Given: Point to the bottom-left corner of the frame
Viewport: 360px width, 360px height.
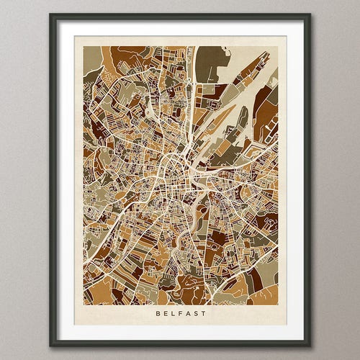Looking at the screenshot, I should click(51, 345).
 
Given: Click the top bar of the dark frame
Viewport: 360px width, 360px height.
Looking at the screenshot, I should click(180, 16).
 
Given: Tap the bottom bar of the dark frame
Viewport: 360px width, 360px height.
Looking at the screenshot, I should click(180, 344).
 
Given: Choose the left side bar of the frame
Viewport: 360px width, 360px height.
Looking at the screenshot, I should click(52, 180).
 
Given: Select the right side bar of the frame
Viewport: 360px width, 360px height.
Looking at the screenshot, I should click(308, 180).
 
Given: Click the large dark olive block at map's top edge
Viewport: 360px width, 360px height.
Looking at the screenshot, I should click(210, 63).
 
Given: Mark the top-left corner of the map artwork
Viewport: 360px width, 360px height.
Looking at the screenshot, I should click(83, 47).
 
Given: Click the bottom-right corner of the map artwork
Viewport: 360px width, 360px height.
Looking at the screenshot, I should click(278, 305).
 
